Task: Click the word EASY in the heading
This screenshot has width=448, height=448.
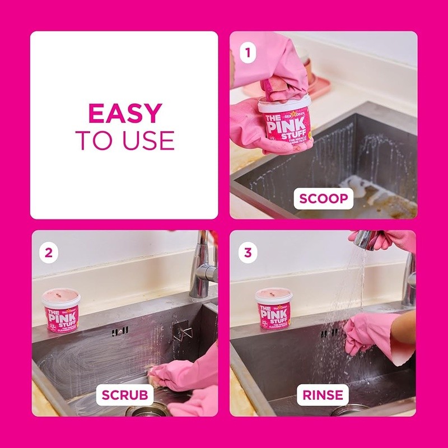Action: (124, 114)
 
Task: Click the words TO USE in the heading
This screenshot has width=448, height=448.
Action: (124, 140)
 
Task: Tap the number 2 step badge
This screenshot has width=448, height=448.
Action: (49, 253)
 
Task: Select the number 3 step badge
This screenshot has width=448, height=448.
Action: (247, 253)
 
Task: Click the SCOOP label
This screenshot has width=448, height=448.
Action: (324, 199)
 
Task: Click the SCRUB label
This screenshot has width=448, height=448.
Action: (125, 395)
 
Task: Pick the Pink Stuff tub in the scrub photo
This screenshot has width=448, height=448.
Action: (61, 311)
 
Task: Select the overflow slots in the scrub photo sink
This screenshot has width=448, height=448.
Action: (120, 332)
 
